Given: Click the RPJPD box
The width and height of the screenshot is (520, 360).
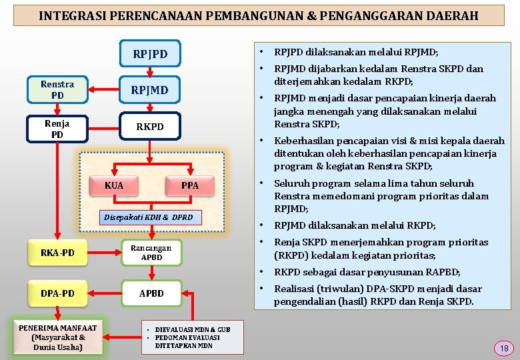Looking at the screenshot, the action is tap(150, 54).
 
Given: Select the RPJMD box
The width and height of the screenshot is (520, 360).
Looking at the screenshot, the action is tap(149, 90).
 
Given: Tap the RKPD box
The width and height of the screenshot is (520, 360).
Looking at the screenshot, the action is tap(149, 127).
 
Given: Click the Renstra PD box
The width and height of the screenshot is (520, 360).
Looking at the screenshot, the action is tap(57, 89).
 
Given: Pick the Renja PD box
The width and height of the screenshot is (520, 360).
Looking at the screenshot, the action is tap(57, 129).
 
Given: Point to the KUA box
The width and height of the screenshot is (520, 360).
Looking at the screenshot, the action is tap(114, 185).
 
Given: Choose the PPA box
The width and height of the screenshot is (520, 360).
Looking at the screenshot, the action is tap(190, 185).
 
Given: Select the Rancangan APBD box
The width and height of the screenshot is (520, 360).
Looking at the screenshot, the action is tap(151, 253).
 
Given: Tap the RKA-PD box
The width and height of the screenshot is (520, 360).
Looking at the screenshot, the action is tap(57, 253).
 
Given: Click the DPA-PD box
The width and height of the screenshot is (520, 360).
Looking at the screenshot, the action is tap(57, 293).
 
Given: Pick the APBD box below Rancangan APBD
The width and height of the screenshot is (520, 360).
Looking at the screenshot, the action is tap(151, 293).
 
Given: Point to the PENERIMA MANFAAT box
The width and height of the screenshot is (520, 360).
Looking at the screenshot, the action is tap(57, 337).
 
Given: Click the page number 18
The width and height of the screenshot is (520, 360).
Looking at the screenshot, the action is tap(504, 348).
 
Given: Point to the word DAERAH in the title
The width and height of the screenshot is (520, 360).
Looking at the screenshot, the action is tap(453, 15).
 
